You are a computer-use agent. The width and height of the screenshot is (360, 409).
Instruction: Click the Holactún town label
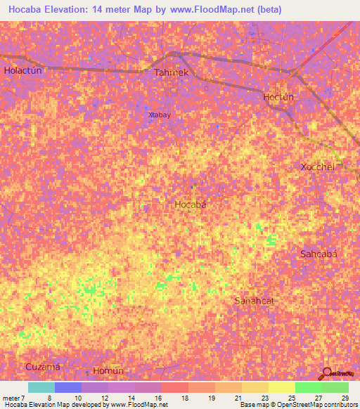(24, 70)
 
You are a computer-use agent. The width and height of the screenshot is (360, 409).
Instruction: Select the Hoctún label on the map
(278, 97)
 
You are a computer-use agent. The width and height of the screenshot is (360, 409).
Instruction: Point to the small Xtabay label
(160, 115)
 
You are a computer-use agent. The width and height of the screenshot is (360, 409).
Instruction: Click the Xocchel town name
(317, 167)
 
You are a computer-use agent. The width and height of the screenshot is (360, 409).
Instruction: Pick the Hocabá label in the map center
(190, 204)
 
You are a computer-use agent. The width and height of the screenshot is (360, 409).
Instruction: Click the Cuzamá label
(43, 367)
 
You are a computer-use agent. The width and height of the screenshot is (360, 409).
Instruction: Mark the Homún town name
(108, 371)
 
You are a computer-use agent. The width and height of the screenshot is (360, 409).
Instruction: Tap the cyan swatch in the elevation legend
(41, 387)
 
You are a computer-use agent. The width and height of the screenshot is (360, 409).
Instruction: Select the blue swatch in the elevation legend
(68, 387)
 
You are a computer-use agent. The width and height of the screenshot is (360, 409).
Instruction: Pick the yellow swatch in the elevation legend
(281, 387)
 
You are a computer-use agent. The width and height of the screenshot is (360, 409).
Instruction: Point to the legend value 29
(345, 398)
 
